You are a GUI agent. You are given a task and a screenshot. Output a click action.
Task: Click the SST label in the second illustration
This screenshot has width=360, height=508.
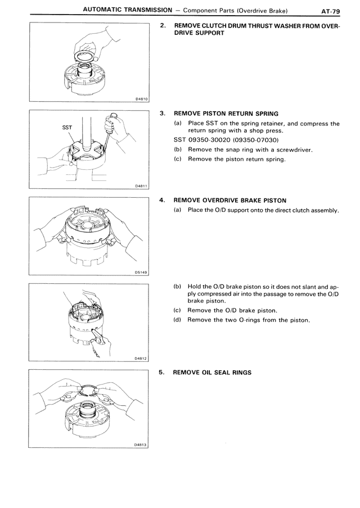click(x=66, y=128)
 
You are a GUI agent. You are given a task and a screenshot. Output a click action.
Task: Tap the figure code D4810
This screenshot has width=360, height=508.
click(x=141, y=99)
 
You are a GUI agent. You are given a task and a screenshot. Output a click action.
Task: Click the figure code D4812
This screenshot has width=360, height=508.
click(x=141, y=357)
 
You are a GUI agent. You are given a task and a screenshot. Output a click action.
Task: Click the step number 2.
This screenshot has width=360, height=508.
click(x=163, y=26)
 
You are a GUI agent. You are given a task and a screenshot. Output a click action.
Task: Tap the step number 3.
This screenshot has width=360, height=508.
click(x=163, y=113)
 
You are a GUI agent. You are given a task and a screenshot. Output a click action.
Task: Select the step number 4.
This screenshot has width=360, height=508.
click(x=163, y=199)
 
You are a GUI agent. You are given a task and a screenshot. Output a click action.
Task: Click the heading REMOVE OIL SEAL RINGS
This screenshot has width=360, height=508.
click(x=212, y=372)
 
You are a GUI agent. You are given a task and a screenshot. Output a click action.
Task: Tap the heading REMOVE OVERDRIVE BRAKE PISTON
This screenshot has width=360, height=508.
click(x=230, y=199)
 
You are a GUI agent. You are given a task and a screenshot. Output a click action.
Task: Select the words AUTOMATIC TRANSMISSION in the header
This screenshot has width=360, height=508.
click(x=126, y=10)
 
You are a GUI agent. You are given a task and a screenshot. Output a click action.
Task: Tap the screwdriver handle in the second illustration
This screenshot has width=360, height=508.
click(x=112, y=119)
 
